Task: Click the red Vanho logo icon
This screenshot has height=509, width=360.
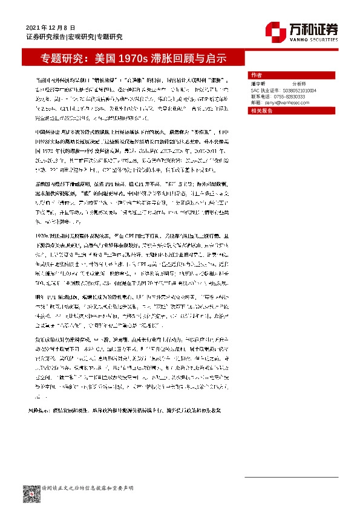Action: (x=275, y=30)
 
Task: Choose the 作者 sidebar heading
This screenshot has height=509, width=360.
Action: (x=256, y=72)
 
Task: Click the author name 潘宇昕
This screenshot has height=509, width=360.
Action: (x=258, y=85)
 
